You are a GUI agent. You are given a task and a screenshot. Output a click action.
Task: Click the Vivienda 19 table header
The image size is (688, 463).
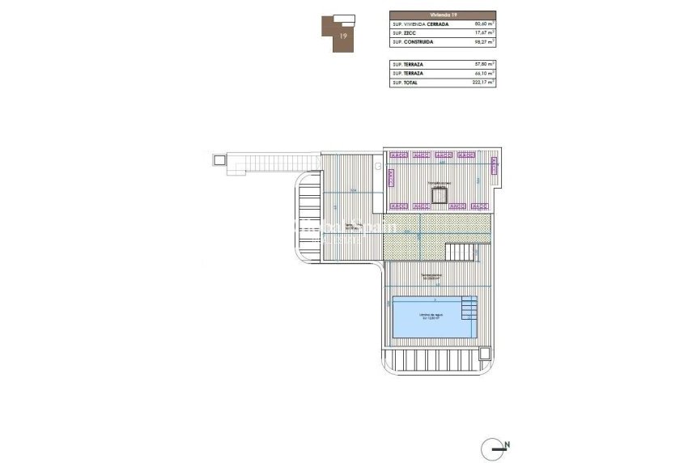[442, 15]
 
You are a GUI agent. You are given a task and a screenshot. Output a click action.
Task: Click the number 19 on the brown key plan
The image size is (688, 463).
[344, 36]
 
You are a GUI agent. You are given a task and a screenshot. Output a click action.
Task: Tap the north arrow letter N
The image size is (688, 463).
[507, 444]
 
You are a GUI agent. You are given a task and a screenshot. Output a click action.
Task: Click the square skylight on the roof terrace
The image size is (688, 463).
[440, 193]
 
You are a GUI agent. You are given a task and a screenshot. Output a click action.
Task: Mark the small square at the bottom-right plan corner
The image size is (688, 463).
[484, 353]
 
